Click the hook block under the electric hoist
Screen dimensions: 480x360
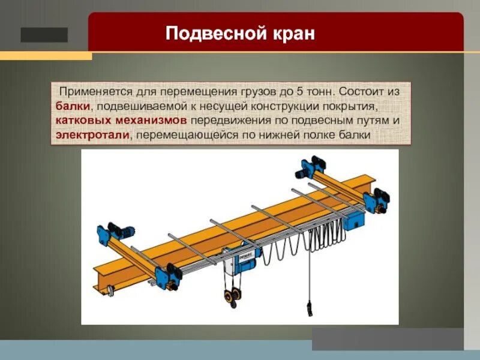click(233, 295)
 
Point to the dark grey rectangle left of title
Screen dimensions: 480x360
click(44, 35)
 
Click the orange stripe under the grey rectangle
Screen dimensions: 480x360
click(46, 56)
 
